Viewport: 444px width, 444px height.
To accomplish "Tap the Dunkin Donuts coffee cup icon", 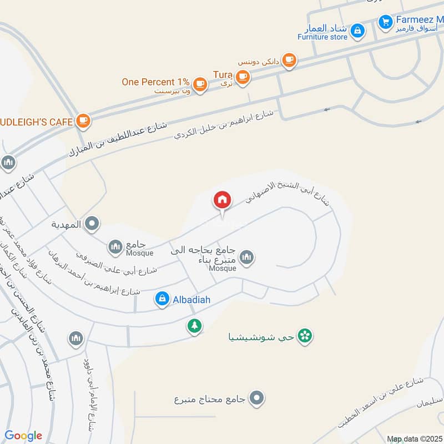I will [x=289, y=60].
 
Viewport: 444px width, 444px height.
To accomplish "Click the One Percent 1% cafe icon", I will [x=200, y=84].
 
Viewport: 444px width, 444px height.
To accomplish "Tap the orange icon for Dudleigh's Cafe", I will [x=83, y=120].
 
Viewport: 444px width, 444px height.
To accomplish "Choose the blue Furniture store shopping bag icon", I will [x=358, y=29].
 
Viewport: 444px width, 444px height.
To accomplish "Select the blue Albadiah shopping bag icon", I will [x=162, y=299].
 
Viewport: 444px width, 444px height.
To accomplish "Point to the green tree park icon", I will [x=194, y=325].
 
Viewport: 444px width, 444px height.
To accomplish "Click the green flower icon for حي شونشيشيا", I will [x=304, y=336].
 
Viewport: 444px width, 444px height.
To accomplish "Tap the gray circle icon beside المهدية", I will [x=93, y=224].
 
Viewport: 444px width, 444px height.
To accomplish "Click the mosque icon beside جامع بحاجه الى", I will [x=247, y=257].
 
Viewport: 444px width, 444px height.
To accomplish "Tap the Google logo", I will [x=23, y=436].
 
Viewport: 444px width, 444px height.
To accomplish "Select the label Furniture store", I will [x=322, y=37].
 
